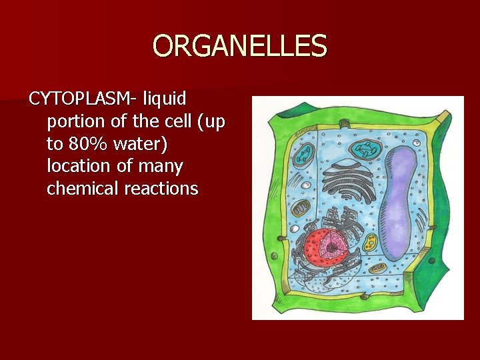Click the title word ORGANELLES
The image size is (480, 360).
[x=240, y=46]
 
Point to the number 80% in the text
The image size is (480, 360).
[x=87, y=143]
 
